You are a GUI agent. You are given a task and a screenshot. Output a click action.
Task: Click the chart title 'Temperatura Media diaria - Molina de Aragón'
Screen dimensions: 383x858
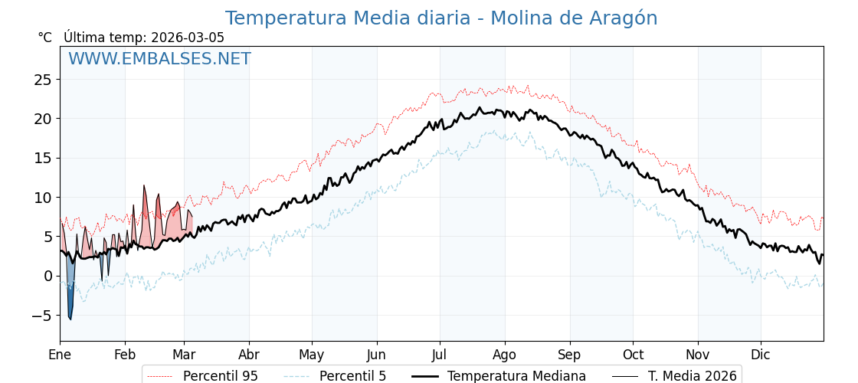[x=441, y=18]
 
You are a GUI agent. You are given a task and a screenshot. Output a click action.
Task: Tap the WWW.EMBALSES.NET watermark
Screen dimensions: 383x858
[x=159, y=59]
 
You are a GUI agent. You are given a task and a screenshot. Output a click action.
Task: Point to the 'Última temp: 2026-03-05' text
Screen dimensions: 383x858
[x=144, y=38]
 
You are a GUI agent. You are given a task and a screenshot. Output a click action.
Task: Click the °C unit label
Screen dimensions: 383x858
[x=45, y=38]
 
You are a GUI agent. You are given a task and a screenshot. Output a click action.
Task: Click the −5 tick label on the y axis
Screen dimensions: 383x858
[x=43, y=316]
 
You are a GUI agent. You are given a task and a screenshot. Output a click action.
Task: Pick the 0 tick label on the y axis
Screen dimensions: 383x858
[x=47, y=276]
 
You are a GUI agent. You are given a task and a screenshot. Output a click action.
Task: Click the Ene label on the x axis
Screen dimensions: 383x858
[x=60, y=355]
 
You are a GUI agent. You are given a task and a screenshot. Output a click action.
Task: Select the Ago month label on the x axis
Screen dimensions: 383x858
[x=505, y=355]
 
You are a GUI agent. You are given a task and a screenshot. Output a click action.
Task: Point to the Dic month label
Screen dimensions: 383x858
[x=761, y=355]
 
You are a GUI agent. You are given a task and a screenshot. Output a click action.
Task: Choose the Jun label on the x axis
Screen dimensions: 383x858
[x=376, y=355]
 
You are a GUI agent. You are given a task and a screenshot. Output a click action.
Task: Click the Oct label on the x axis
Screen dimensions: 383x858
[x=633, y=355]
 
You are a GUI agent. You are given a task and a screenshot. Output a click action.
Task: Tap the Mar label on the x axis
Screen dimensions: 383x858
[x=184, y=355]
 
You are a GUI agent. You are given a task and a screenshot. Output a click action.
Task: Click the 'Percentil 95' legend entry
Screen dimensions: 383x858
[x=220, y=376]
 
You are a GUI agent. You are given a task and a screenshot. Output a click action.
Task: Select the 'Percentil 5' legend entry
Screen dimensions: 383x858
[x=352, y=376]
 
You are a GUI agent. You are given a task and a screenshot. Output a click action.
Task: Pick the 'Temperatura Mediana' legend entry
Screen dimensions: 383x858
[x=516, y=376]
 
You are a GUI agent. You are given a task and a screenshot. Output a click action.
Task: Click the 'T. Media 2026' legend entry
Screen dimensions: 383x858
[x=692, y=376]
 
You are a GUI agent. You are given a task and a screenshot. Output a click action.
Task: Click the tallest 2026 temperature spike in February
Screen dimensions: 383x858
[x=143, y=187]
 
